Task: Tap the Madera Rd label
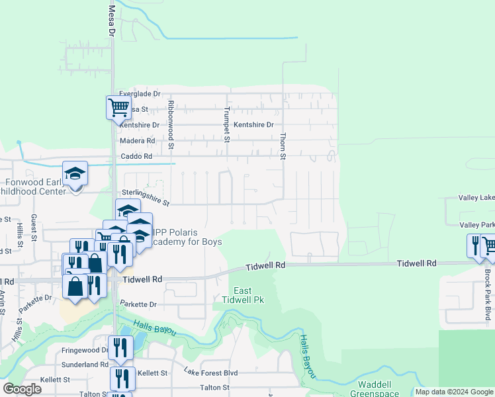tap(137, 141)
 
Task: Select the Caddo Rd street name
tap(136, 157)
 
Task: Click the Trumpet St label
tap(226, 124)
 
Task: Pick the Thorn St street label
tap(283, 146)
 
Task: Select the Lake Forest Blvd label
tap(210, 373)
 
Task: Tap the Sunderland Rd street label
tap(84, 365)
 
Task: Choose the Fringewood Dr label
tap(85, 350)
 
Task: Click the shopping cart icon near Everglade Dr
tap(118, 107)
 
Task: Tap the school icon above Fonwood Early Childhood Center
tap(75, 173)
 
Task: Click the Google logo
tap(22, 389)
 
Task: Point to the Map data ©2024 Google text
tap(454, 392)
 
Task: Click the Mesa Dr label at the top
tap(111, 22)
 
